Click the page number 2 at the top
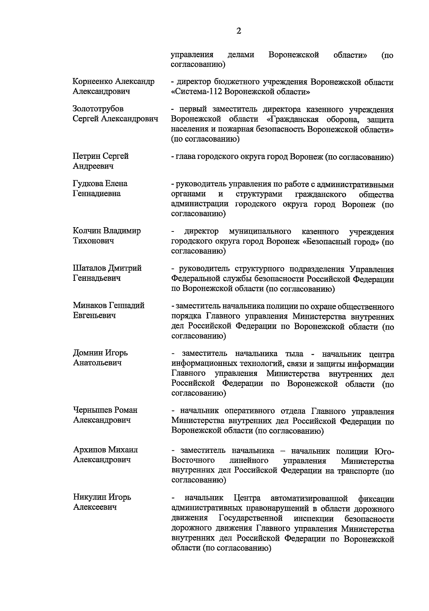[x=239, y=31]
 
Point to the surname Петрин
[x=86, y=156]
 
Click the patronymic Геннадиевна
[x=97, y=194]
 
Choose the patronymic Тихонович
[x=94, y=241]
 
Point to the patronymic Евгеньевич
[x=94, y=316]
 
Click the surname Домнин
[x=88, y=353]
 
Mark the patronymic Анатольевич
[x=97, y=363]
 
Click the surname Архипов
[x=89, y=450]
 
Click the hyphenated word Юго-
[x=383, y=451]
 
